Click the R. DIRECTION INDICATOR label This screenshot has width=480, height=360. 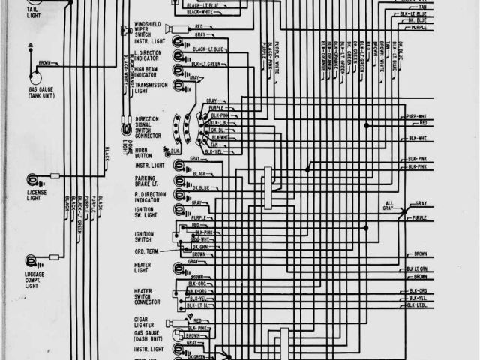click(149, 196)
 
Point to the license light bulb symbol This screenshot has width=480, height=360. click(34, 179)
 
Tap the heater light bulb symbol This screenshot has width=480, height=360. click(181, 266)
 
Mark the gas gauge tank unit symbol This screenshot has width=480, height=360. click(34, 75)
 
